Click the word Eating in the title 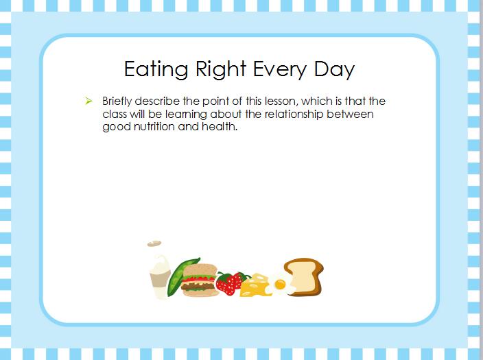pyautogui.click(x=156, y=69)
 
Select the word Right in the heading pyautogui.click(x=221, y=69)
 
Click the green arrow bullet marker pyautogui.click(x=89, y=101)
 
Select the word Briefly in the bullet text pyautogui.click(x=117, y=101)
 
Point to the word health pyautogui.click(x=220, y=127)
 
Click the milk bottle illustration pyautogui.click(x=160, y=276)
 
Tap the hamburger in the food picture pyautogui.click(x=199, y=280)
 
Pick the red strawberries pyautogui.click(x=232, y=283)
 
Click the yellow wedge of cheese pyautogui.click(x=255, y=285)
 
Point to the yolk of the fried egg pyautogui.click(x=280, y=285)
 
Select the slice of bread pyautogui.click(x=305, y=276)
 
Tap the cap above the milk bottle pyautogui.click(x=154, y=243)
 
